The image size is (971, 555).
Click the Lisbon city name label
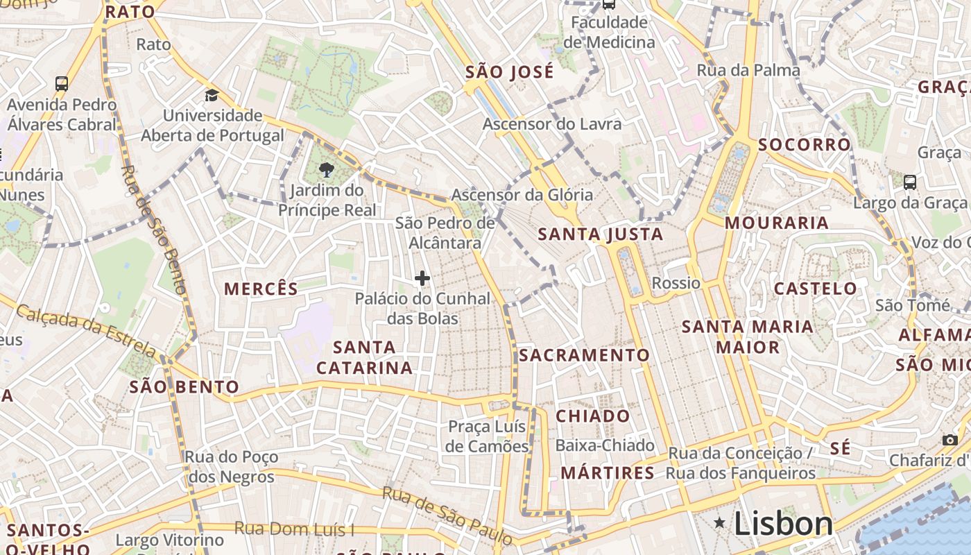coord(783,523)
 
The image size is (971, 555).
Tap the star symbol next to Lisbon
coord(720,522)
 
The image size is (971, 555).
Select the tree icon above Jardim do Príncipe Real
coord(325,169)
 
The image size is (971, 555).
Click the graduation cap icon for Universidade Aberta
coord(212,95)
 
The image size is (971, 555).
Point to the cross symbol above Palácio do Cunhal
coord(422,278)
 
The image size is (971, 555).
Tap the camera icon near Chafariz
coord(950,440)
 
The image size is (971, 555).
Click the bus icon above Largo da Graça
coord(909,182)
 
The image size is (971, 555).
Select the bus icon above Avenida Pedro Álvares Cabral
coord(62,84)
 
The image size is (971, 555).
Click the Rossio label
coord(676,283)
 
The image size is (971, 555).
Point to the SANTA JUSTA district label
coord(601,234)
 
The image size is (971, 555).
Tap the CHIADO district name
coord(593,416)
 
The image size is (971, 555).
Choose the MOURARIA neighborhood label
coord(777,223)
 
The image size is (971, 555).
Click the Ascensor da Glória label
coord(522,195)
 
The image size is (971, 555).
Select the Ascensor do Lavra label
coord(552,124)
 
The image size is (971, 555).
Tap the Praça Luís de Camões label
coord(487,436)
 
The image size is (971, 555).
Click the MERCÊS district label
coord(261,289)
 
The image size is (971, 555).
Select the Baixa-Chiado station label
coord(605,445)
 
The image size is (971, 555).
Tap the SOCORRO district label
coord(805,144)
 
